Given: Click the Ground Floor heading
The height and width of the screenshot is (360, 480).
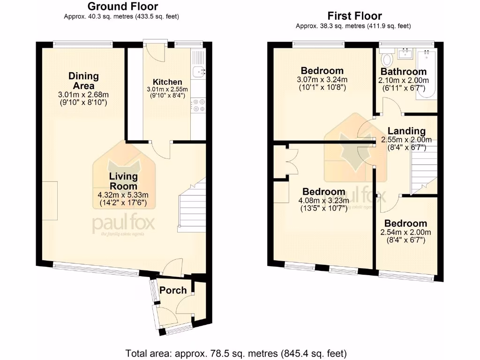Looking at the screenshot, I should pos(123,7).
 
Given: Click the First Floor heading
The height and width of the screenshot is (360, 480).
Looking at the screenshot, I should pos(354,16).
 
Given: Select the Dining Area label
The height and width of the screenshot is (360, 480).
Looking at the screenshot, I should pos(83,81).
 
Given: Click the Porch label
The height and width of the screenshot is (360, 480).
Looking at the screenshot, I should pos(173,291).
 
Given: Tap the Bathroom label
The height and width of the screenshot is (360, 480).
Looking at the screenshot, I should pos(403,72).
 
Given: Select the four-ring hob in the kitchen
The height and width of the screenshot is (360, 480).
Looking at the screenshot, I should pos(199,105).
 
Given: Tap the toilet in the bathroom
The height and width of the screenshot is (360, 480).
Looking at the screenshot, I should pos(387,60).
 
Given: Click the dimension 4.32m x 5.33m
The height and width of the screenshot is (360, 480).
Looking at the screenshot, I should pos(123,195).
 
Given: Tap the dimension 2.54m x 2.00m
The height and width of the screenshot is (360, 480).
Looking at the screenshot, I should pos(406,232).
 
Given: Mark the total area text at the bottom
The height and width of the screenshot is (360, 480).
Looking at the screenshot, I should pos(236,352).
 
